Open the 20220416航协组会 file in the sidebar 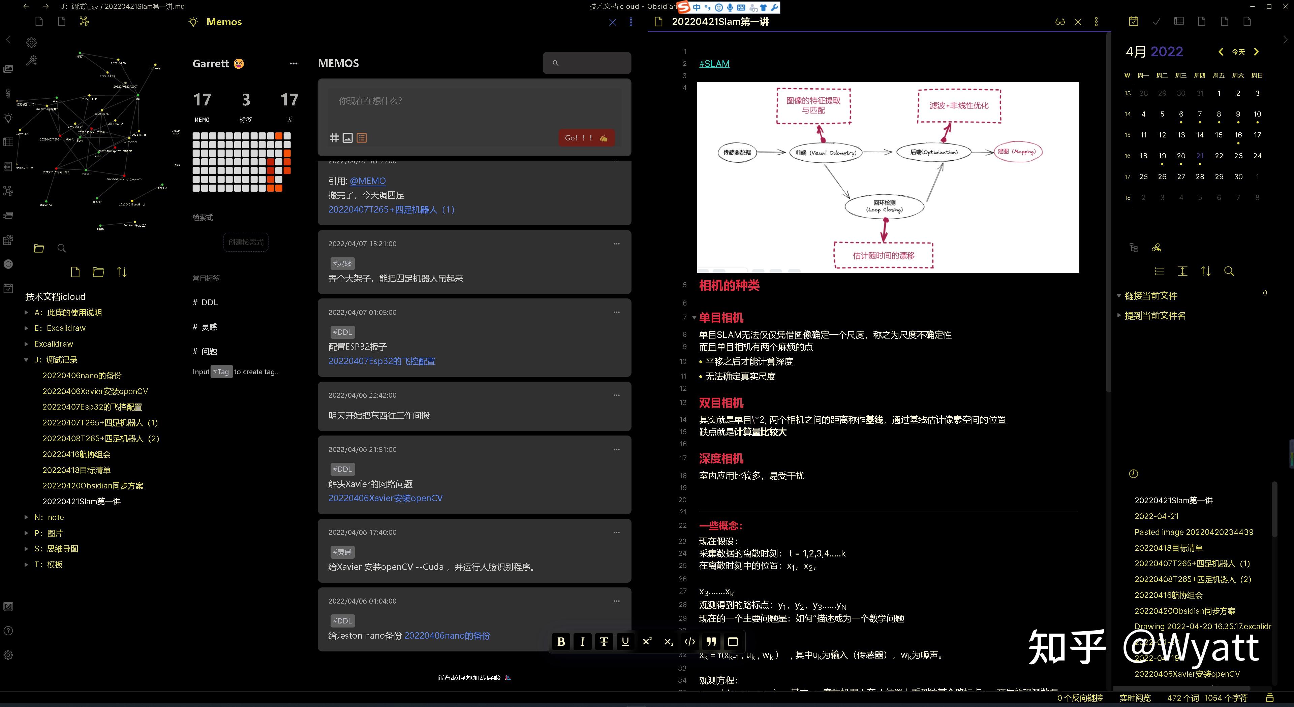tap(76, 454)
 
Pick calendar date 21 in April tap(1200, 156)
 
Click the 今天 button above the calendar tap(1238, 52)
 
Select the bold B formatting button tap(561, 641)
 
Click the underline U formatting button tap(625, 641)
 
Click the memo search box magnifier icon tap(555, 63)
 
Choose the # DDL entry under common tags tap(206, 302)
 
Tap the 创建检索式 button tap(246, 242)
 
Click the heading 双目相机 tap(721, 403)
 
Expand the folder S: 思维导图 tap(56, 549)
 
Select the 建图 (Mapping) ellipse tap(1018, 152)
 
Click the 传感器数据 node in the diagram tap(737, 153)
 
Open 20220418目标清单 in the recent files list tap(1168, 548)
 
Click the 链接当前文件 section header tap(1151, 296)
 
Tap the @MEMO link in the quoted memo tap(368, 181)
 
